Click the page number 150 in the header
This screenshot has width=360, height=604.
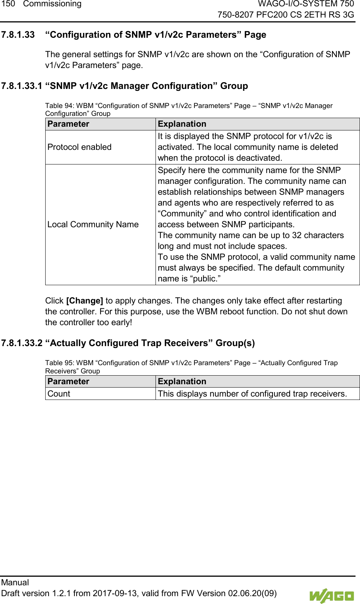tap(8, 4)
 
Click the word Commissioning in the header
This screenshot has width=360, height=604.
tap(52, 4)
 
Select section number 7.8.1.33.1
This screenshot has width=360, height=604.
tap(21, 86)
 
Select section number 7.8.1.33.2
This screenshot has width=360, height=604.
tap(21, 343)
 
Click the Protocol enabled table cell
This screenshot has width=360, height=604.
tap(79, 147)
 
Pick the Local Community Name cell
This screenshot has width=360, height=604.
tap(93, 224)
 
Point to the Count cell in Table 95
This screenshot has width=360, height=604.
tap(59, 394)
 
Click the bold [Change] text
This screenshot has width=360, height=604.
tap(84, 301)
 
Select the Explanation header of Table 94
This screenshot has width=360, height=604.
tap(182, 124)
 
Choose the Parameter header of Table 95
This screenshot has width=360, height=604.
tap(68, 381)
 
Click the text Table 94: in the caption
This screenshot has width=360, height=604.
tap(59, 106)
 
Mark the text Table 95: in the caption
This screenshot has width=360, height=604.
tap(59, 363)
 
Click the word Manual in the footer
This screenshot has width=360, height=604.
tap(15, 582)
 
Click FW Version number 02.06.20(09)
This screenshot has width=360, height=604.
tap(252, 593)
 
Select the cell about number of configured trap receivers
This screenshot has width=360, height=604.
tap(252, 394)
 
